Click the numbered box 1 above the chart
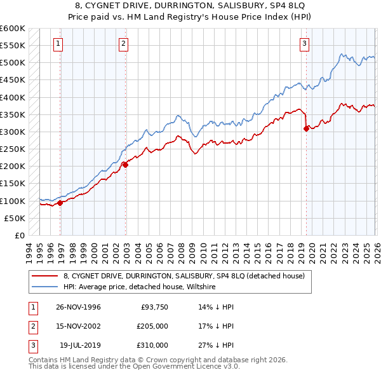(58, 44)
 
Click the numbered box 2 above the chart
(123, 44)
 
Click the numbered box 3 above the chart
(304, 44)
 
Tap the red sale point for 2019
(306, 128)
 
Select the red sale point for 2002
(126, 165)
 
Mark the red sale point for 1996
(60, 203)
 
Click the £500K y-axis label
(13, 63)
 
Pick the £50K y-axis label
(15, 218)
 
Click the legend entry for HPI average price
(140, 287)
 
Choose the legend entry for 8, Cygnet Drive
(184, 276)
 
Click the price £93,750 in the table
(154, 307)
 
